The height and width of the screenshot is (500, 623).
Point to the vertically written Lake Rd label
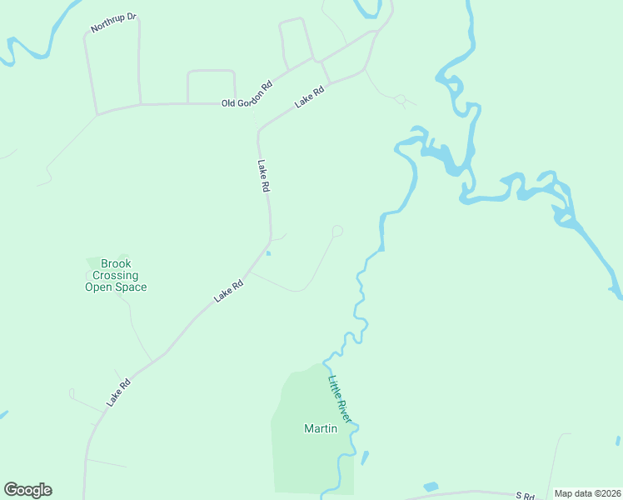point(263,177)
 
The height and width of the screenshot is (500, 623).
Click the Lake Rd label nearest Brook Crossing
point(227,290)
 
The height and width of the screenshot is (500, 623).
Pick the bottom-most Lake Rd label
point(118,393)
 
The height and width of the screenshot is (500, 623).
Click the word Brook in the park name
point(116,264)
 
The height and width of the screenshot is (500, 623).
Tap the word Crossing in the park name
point(115,276)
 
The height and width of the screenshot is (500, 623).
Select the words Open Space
point(116,287)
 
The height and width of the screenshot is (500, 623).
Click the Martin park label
point(320,429)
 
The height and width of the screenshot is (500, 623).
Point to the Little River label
point(338,398)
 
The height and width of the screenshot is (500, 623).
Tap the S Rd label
point(525,496)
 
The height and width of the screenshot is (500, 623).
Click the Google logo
point(27,490)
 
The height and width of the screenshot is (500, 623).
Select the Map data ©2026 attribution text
point(586,493)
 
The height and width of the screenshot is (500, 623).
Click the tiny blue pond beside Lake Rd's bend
point(269,254)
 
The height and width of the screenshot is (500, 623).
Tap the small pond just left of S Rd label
point(431,487)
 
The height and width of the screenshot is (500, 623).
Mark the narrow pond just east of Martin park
point(364,457)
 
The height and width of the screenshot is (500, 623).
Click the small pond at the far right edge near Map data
point(616,442)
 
